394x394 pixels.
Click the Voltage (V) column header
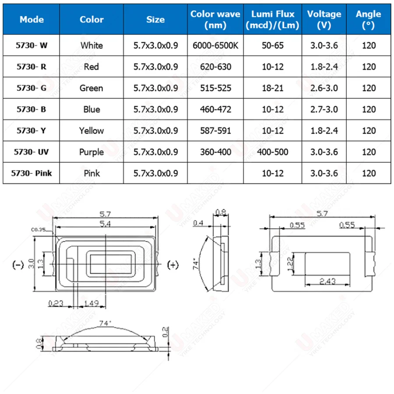pos(324,19)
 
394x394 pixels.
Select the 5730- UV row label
pos(31,152)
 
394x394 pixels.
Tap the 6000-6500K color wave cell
pos(215,46)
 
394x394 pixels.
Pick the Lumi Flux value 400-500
pos(272,152)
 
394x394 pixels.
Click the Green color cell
pos(91,88)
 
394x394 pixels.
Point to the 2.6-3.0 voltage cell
pos(324,88)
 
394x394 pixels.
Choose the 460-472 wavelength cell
pos(215,109)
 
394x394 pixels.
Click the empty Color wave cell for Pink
pos(215,173)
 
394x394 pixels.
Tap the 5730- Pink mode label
pos(32,173)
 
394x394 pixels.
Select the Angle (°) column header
pos(368,19)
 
